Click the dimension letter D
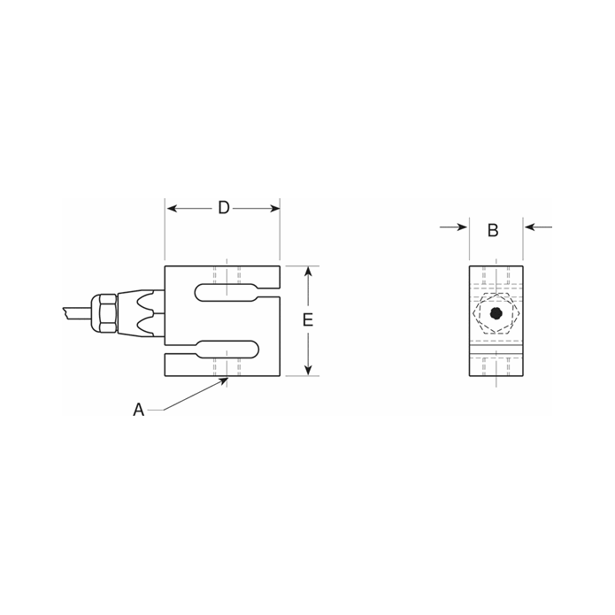pos(224,208)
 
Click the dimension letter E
pos(308,320)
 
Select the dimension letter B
pos(493,230)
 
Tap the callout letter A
pos(138,410)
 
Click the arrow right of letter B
pos(530,227)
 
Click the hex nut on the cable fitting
pos(107,314)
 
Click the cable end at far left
pos(67,312)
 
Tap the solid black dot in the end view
pos(496,313)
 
